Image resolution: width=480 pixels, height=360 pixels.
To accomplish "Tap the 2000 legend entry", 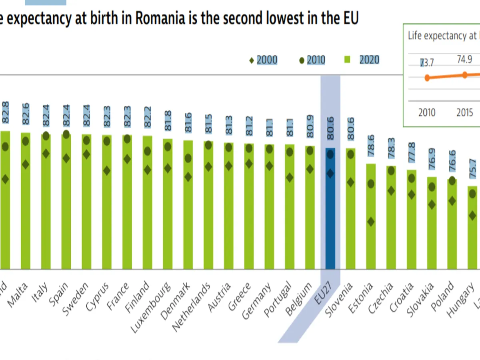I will (264, 60).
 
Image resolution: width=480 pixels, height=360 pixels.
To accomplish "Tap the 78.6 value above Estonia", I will (371, 148).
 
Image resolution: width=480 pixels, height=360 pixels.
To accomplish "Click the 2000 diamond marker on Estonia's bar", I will (371, 222).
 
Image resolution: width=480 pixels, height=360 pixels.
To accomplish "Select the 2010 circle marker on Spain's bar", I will (66, 134).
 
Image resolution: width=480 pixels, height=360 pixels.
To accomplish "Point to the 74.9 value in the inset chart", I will (464, 60).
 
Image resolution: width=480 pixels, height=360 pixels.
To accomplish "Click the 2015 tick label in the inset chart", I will (465, 112).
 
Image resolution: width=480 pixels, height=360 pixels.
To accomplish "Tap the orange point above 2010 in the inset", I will (427, 78).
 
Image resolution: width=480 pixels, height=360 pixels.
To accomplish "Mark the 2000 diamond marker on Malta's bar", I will (26, 164).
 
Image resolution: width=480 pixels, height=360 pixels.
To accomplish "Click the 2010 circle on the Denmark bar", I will (188, 158).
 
